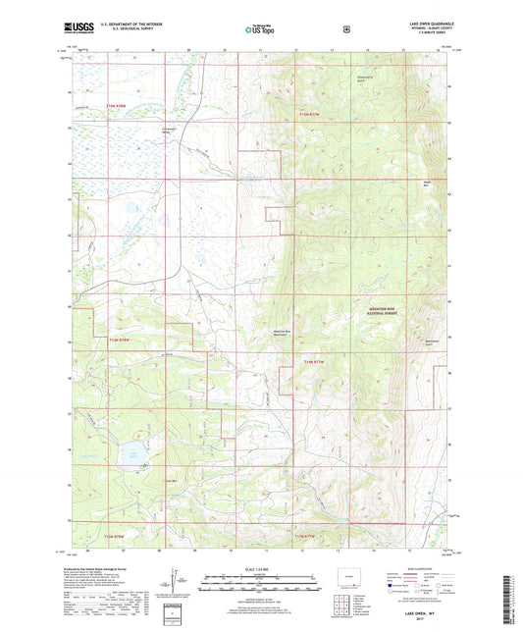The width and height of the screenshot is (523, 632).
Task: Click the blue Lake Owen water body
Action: click(x=129, y=453)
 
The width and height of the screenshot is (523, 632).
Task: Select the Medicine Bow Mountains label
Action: click(x=286, y=332)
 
